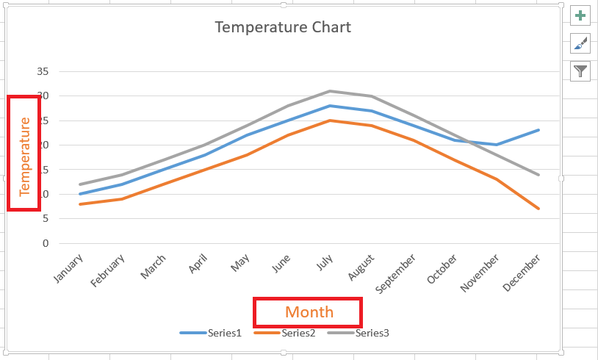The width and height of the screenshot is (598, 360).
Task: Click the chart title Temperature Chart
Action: coord(283,27)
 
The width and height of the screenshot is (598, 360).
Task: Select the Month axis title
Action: coord(309,312)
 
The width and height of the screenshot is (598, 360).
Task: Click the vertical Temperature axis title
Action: coord(25,155)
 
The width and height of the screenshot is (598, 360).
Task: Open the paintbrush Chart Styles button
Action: coord(581,43)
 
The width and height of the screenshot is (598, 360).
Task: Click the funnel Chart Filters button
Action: coord(581,71)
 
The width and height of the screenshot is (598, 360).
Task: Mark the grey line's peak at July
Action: coord(330,91)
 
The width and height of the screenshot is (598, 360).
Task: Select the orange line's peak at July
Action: coord(330,120)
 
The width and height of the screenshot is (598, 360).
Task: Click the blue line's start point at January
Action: coord(79,194)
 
